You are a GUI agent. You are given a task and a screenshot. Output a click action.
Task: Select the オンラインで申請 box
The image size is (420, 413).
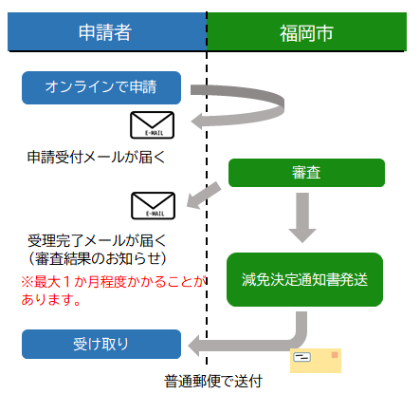click(101, 88)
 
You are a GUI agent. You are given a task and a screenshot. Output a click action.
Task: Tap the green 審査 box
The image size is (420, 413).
click(305, 172)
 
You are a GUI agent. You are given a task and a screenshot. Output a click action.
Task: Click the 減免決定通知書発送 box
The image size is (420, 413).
click(304, 279)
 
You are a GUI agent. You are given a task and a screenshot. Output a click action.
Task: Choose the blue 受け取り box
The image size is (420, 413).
click(101, 343)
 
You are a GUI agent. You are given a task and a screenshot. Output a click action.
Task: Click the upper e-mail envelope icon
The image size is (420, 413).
click(152, 125)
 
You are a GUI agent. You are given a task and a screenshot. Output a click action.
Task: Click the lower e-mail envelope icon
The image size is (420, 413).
click(152, 205)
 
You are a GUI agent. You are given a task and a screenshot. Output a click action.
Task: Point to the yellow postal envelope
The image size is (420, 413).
click(316, 360)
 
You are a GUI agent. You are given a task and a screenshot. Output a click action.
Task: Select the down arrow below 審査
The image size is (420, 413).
click(304, 216)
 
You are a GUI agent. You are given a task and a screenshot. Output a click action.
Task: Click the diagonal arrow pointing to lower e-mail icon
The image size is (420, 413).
click(203, 195)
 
